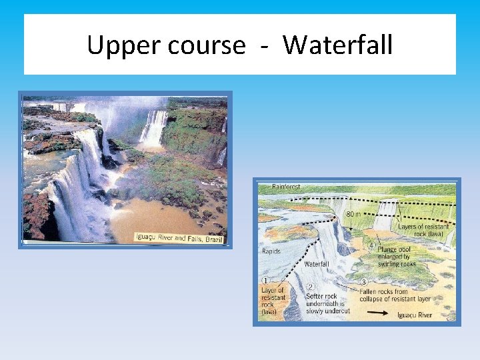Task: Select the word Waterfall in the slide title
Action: [337, 45]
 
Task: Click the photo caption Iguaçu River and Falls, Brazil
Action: [179, 237]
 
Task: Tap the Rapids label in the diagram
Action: [272, 251]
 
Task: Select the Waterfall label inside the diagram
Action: [317, 264]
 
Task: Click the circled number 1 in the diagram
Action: [266, 281]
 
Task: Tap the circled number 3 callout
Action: [363, 283]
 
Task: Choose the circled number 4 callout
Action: [371, 245]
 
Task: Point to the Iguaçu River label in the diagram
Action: [414, 315]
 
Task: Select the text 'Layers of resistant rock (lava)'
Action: [423, 231]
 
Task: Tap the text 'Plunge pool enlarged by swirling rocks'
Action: [398, 257]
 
